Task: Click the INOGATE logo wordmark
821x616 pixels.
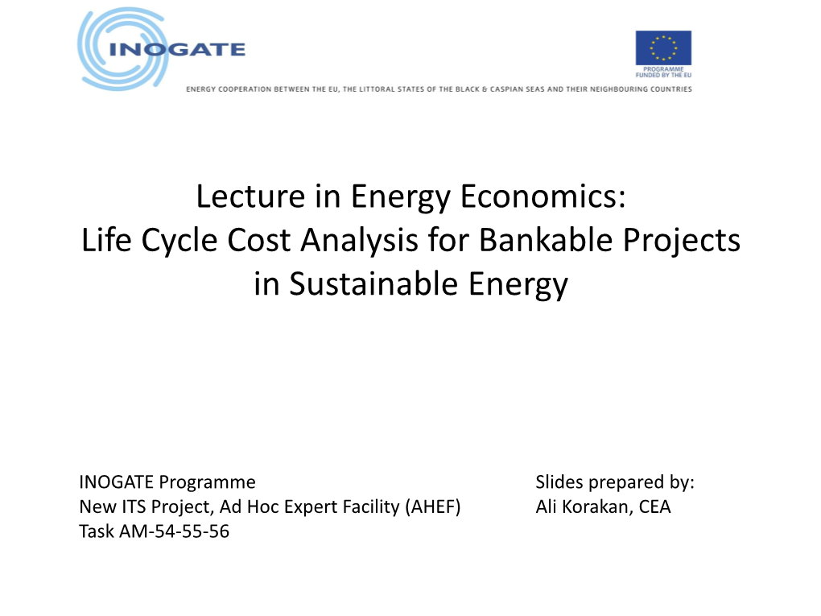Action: tap(177, 49)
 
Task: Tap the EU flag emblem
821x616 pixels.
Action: tap(663, 48)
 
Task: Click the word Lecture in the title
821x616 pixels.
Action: tap(251, 196)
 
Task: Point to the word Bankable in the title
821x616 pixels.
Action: tap(546, 240)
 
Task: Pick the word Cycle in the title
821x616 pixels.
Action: tap(179, 241)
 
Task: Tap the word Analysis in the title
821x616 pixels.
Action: tap(359, 241)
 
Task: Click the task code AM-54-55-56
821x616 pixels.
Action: tap(175, 531)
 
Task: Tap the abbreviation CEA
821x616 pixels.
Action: tap(654, 506)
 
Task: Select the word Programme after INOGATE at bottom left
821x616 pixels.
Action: tap(208, 482)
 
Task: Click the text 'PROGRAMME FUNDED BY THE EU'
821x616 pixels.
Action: tap(663, 72)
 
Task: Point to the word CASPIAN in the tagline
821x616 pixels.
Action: tap(507, 89)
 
